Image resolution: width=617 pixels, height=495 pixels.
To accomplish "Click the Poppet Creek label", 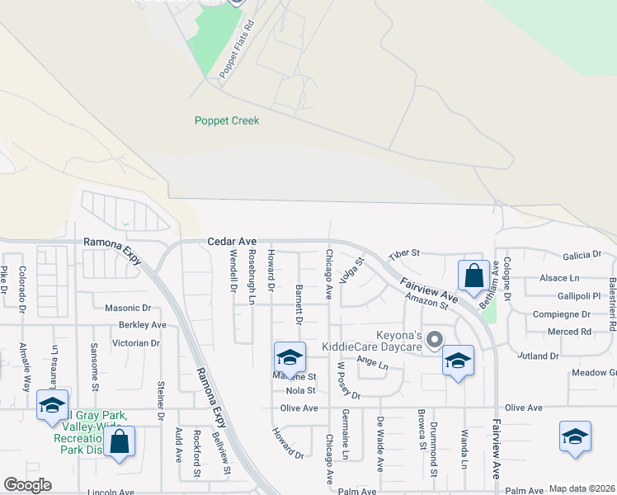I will (x=227, y=120).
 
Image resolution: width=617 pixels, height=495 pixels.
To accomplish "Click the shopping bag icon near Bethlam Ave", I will (x=473, y=276).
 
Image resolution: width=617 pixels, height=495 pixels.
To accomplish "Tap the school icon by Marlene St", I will (x=290, y=357).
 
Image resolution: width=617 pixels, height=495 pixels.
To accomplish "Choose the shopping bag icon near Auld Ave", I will (x=119, y=441).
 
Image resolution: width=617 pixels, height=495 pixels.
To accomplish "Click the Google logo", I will (x=27, y=485).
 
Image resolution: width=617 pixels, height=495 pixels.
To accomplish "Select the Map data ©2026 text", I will (x=582, y=489).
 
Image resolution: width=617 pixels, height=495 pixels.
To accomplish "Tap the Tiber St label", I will (x=404, y=253).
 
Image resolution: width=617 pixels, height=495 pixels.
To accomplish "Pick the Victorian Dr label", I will (x=136, y=342).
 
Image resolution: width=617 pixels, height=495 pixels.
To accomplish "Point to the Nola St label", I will (x=300, y=390).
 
